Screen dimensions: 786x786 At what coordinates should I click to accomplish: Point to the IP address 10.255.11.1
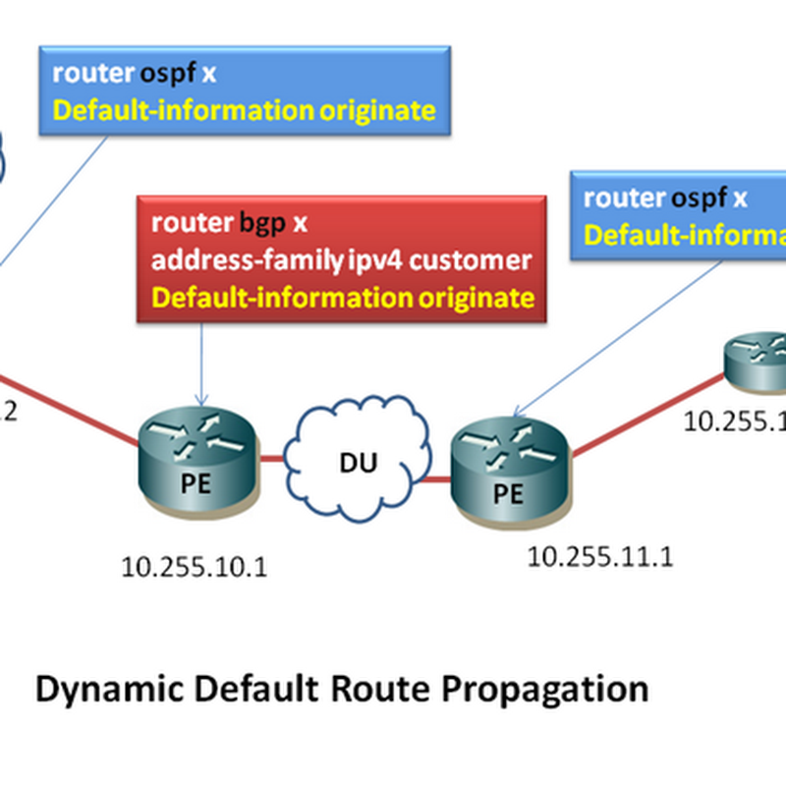point(600,557)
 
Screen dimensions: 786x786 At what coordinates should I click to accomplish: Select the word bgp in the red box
point(262,222)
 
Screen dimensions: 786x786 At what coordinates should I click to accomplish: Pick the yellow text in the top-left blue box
point(244,110)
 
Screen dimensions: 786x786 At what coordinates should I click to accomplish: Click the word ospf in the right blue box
point(700,197)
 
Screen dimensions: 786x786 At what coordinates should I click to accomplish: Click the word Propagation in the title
point(549,688)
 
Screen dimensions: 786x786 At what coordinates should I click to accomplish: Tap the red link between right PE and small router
point(648,419)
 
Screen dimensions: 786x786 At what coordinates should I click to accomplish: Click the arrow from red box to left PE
point(201,364)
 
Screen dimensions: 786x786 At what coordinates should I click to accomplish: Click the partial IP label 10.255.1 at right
point(736,420)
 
